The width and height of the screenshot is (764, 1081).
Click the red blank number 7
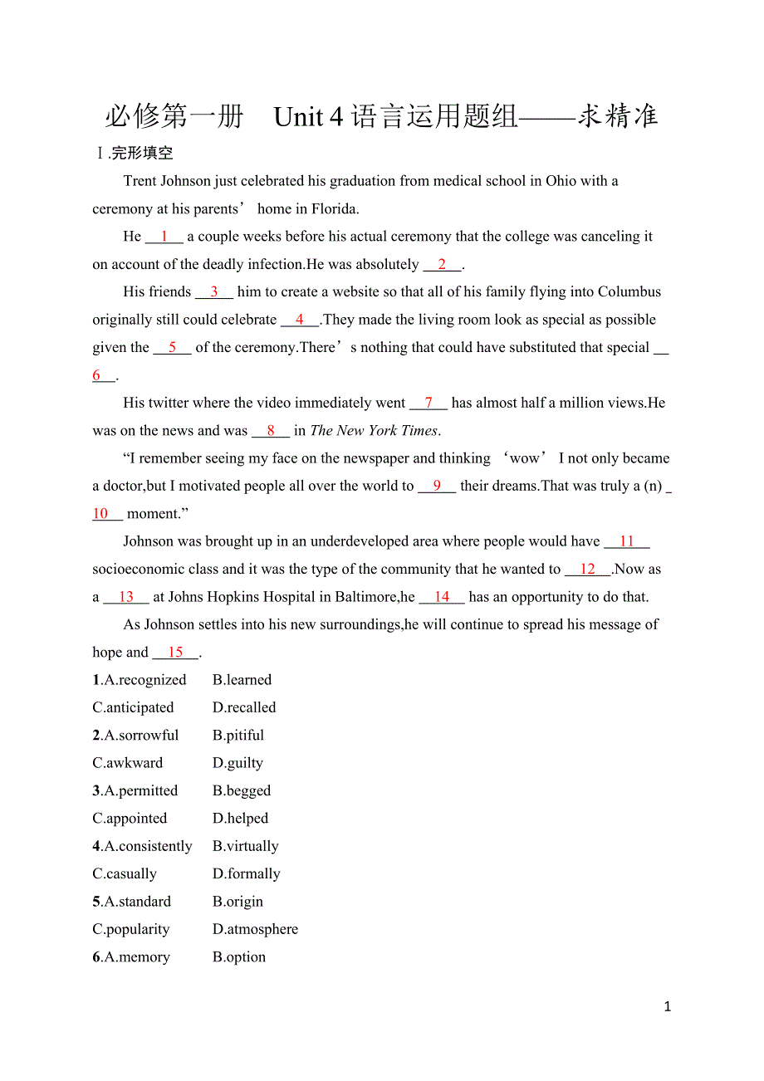point(429,403)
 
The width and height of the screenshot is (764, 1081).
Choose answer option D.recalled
point(244,707)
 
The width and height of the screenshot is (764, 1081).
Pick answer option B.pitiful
point(238,736)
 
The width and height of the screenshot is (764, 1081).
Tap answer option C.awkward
point(128,763)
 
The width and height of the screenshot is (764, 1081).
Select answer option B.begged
point(242,790)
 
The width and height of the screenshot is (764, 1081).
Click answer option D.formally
point(247,873)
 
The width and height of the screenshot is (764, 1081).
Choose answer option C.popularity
point(131,929)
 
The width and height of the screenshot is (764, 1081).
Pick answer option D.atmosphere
point(255,929)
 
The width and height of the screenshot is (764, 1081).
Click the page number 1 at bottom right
point(668,1007)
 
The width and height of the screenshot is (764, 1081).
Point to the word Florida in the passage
point(335,208)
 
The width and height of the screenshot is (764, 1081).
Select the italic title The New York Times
point(374,431)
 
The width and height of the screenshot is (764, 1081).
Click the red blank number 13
point(126,597)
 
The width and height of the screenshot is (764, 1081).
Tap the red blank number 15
point(175,653)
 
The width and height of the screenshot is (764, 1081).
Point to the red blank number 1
point(164,237)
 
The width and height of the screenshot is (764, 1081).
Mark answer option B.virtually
point(246,846)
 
